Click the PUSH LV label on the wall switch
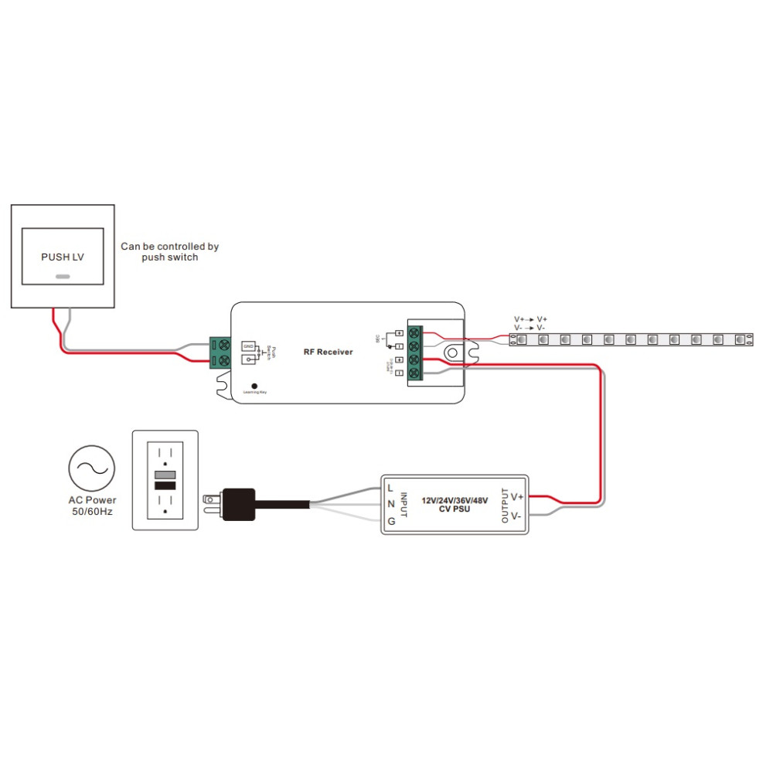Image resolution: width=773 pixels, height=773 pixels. click(x=63, y=257)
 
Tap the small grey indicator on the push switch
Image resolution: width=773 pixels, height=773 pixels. click(x=63, y=276)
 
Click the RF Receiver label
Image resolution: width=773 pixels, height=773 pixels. click(x=328, y=352)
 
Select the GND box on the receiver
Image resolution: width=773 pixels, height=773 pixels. click(x=248, y=346)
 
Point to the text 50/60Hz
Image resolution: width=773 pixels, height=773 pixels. click(x=92, y=511)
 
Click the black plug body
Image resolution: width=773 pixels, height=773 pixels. click(x=239, y=503)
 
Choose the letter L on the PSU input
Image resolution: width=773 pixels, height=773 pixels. click(x=391, y=488)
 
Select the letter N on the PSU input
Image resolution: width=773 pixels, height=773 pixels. click(x=391, y=504)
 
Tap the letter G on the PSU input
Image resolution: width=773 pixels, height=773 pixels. click(x=391, y=521)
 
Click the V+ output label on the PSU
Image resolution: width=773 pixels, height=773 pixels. click(x=517, y=496)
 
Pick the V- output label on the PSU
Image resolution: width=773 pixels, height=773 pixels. click(x=516, y=515)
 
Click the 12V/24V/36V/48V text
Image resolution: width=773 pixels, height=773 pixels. click(x=455, y=500)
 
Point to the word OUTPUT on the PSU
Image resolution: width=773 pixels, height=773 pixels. click(x=505, y=506)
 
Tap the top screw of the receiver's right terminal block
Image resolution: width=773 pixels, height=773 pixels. click(x=415, y=333)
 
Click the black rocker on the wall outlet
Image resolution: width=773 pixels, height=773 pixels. click(x=165, y=485)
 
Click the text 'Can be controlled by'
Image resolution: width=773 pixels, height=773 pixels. click(x=169, y=247)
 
